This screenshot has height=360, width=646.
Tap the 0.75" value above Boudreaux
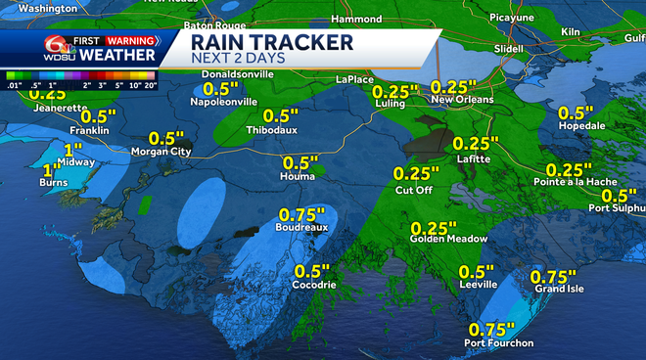click(x=302, y=214)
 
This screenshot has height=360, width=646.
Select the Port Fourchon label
click(x=499, y=342)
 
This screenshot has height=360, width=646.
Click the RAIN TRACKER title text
click(x=271, y=42)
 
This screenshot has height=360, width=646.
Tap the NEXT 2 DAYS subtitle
click(x=239, y=61)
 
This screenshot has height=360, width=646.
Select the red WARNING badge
click(x=129, y=41)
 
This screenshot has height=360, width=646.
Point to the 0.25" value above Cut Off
click(x=416, y=173)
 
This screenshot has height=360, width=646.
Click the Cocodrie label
click(x=315, y=285)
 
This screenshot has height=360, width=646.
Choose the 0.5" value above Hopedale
click(x=577, y=112)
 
